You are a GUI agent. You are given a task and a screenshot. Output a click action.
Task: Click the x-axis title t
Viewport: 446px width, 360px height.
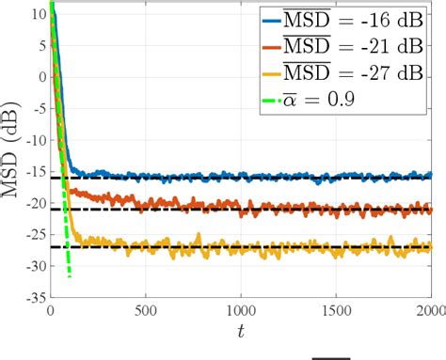coord(241,330)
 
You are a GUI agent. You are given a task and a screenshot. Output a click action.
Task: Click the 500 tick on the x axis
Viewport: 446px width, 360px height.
coord(145,308)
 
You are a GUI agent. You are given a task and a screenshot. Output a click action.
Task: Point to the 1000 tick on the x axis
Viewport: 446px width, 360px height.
coord(241,308)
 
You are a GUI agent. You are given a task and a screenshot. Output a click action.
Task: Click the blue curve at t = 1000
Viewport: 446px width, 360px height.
coord(241,177)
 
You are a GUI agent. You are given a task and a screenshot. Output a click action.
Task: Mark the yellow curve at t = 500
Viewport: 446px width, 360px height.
coord(145,246)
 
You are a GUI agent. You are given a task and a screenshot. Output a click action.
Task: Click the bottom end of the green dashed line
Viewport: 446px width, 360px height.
coord(69,276)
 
